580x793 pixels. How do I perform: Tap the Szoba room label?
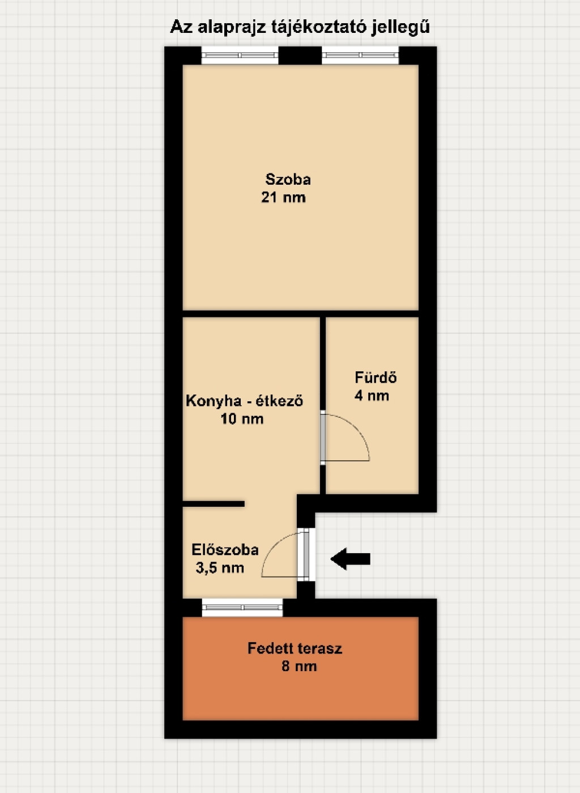[x=288, y=180]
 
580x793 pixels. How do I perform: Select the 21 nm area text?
[x=283, y=197]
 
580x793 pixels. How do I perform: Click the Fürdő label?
[x=376, y=378]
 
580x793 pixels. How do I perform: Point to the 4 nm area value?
[x=372, y=396]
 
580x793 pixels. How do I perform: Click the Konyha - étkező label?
[x=244, y=401]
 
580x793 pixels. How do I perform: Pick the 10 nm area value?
[x=242, y=419]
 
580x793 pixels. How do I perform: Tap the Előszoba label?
[x=225, y=550]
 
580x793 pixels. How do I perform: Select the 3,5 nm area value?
[x=220, y=568]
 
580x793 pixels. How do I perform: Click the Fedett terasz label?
[x=295, y=648]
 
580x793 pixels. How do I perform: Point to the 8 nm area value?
[x=299, y=666]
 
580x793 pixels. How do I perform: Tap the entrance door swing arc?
[x=273, y=546]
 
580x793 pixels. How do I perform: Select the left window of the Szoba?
[x=240, y=55]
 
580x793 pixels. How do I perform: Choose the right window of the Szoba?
[x=360, y=55]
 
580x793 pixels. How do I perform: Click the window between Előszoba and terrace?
[x=242, y=608]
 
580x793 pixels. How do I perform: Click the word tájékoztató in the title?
[x=319, y=27]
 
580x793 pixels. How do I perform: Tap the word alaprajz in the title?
[x=232, y=27]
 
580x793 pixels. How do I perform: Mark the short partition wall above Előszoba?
[x=214, y=504]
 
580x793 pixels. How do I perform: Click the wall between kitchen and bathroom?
[x=322, y=405]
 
